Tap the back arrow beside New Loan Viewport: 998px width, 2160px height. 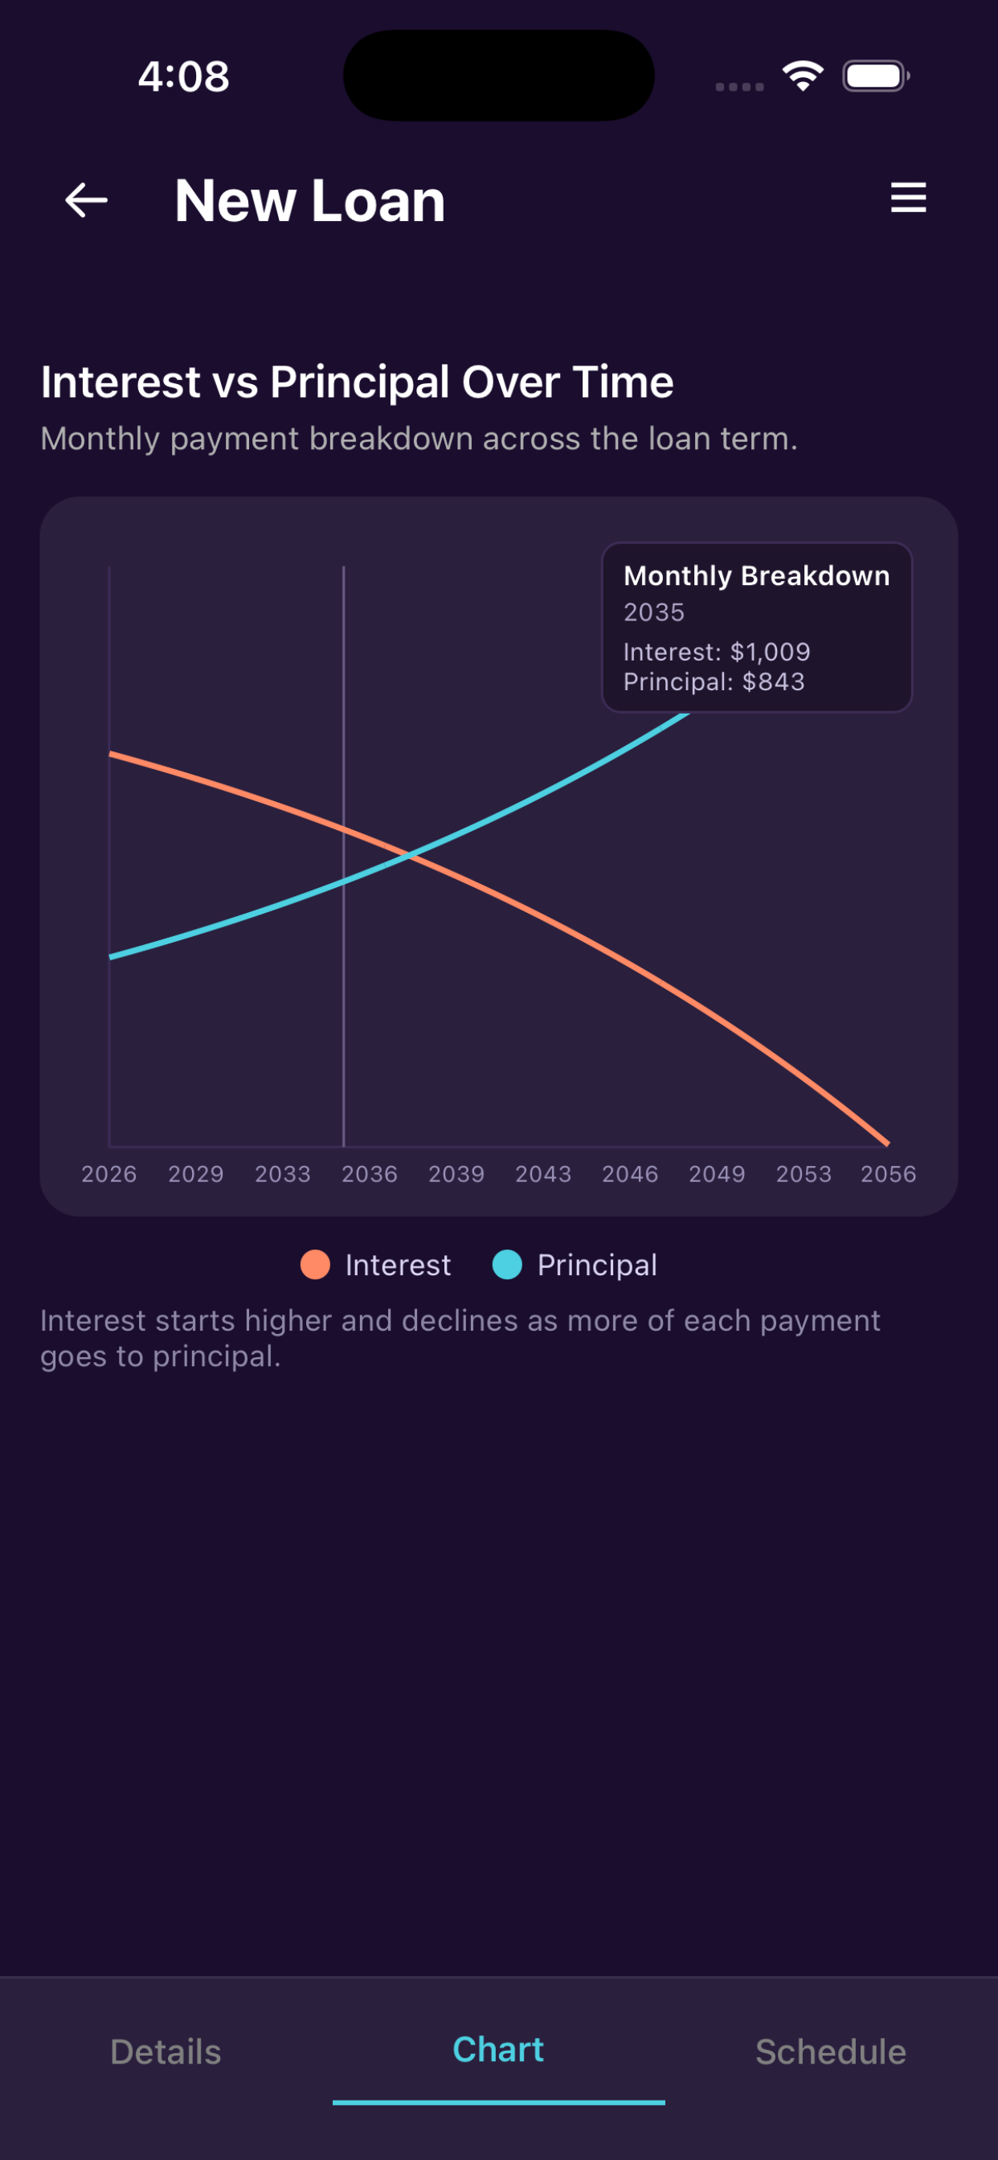[87, 200]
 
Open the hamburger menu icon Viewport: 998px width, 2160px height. [908, 198]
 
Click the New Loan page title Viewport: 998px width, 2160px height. [309, 201]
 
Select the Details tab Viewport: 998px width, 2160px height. [166, 2052]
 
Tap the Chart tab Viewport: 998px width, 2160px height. [498, 2049]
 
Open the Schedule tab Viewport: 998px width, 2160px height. [831, 2052]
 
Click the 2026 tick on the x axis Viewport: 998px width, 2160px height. [109, 1174]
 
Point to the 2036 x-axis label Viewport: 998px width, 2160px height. [370, 1174]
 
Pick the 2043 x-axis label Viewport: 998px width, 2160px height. [543, 1174]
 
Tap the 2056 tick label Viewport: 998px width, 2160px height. [888, 1174]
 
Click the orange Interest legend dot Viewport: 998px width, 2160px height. [315, 1265]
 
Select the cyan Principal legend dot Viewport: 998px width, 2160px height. [507, 1265]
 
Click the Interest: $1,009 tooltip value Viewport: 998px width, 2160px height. [717, 652]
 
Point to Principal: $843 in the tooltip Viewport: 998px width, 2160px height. [714, 681]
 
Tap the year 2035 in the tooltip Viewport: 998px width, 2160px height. [654, 612]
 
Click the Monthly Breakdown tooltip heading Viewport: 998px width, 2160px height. [756, 576]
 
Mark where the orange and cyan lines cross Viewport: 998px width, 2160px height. [408, 855]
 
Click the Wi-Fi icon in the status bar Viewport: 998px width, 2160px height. [803, 76]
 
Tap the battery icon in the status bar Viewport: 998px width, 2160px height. [877, 76]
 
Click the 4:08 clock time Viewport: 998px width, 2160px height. [184, 76]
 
